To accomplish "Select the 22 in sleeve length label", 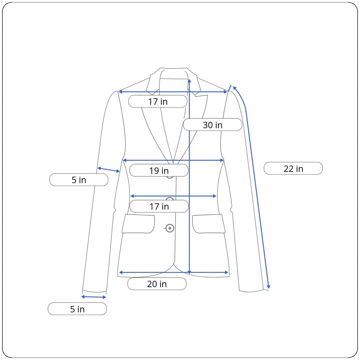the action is point(293,168).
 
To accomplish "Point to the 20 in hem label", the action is point(157,283).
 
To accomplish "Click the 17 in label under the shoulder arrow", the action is point(158,101).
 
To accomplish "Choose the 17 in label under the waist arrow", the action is point(159,206).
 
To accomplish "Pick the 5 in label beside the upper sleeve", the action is point(79,179).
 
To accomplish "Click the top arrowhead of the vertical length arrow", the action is point(189,81).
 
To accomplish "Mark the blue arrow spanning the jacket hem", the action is point(174,272).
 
